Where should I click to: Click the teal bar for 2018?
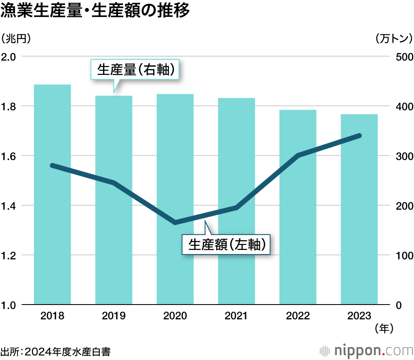52,194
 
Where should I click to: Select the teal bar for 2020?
175,199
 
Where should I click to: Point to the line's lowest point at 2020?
175,223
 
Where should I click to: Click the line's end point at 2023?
359,136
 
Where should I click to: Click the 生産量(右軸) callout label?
135,70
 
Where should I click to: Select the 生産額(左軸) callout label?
227,245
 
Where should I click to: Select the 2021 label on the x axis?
236,316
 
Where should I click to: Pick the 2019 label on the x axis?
113,316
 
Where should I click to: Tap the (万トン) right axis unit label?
394,38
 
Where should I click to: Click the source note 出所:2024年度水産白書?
56,352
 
